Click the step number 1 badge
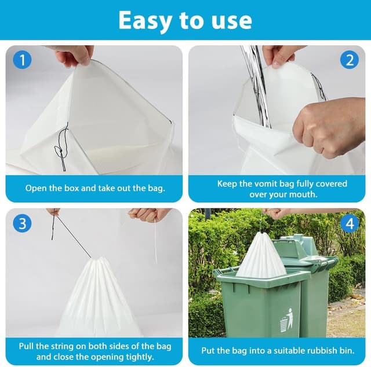coord(22,60)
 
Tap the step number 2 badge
coord(349,60)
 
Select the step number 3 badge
coord(22,223)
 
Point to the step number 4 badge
coord(349,223)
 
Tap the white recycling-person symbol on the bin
coord(286,320)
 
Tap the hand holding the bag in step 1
coord(74,55)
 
